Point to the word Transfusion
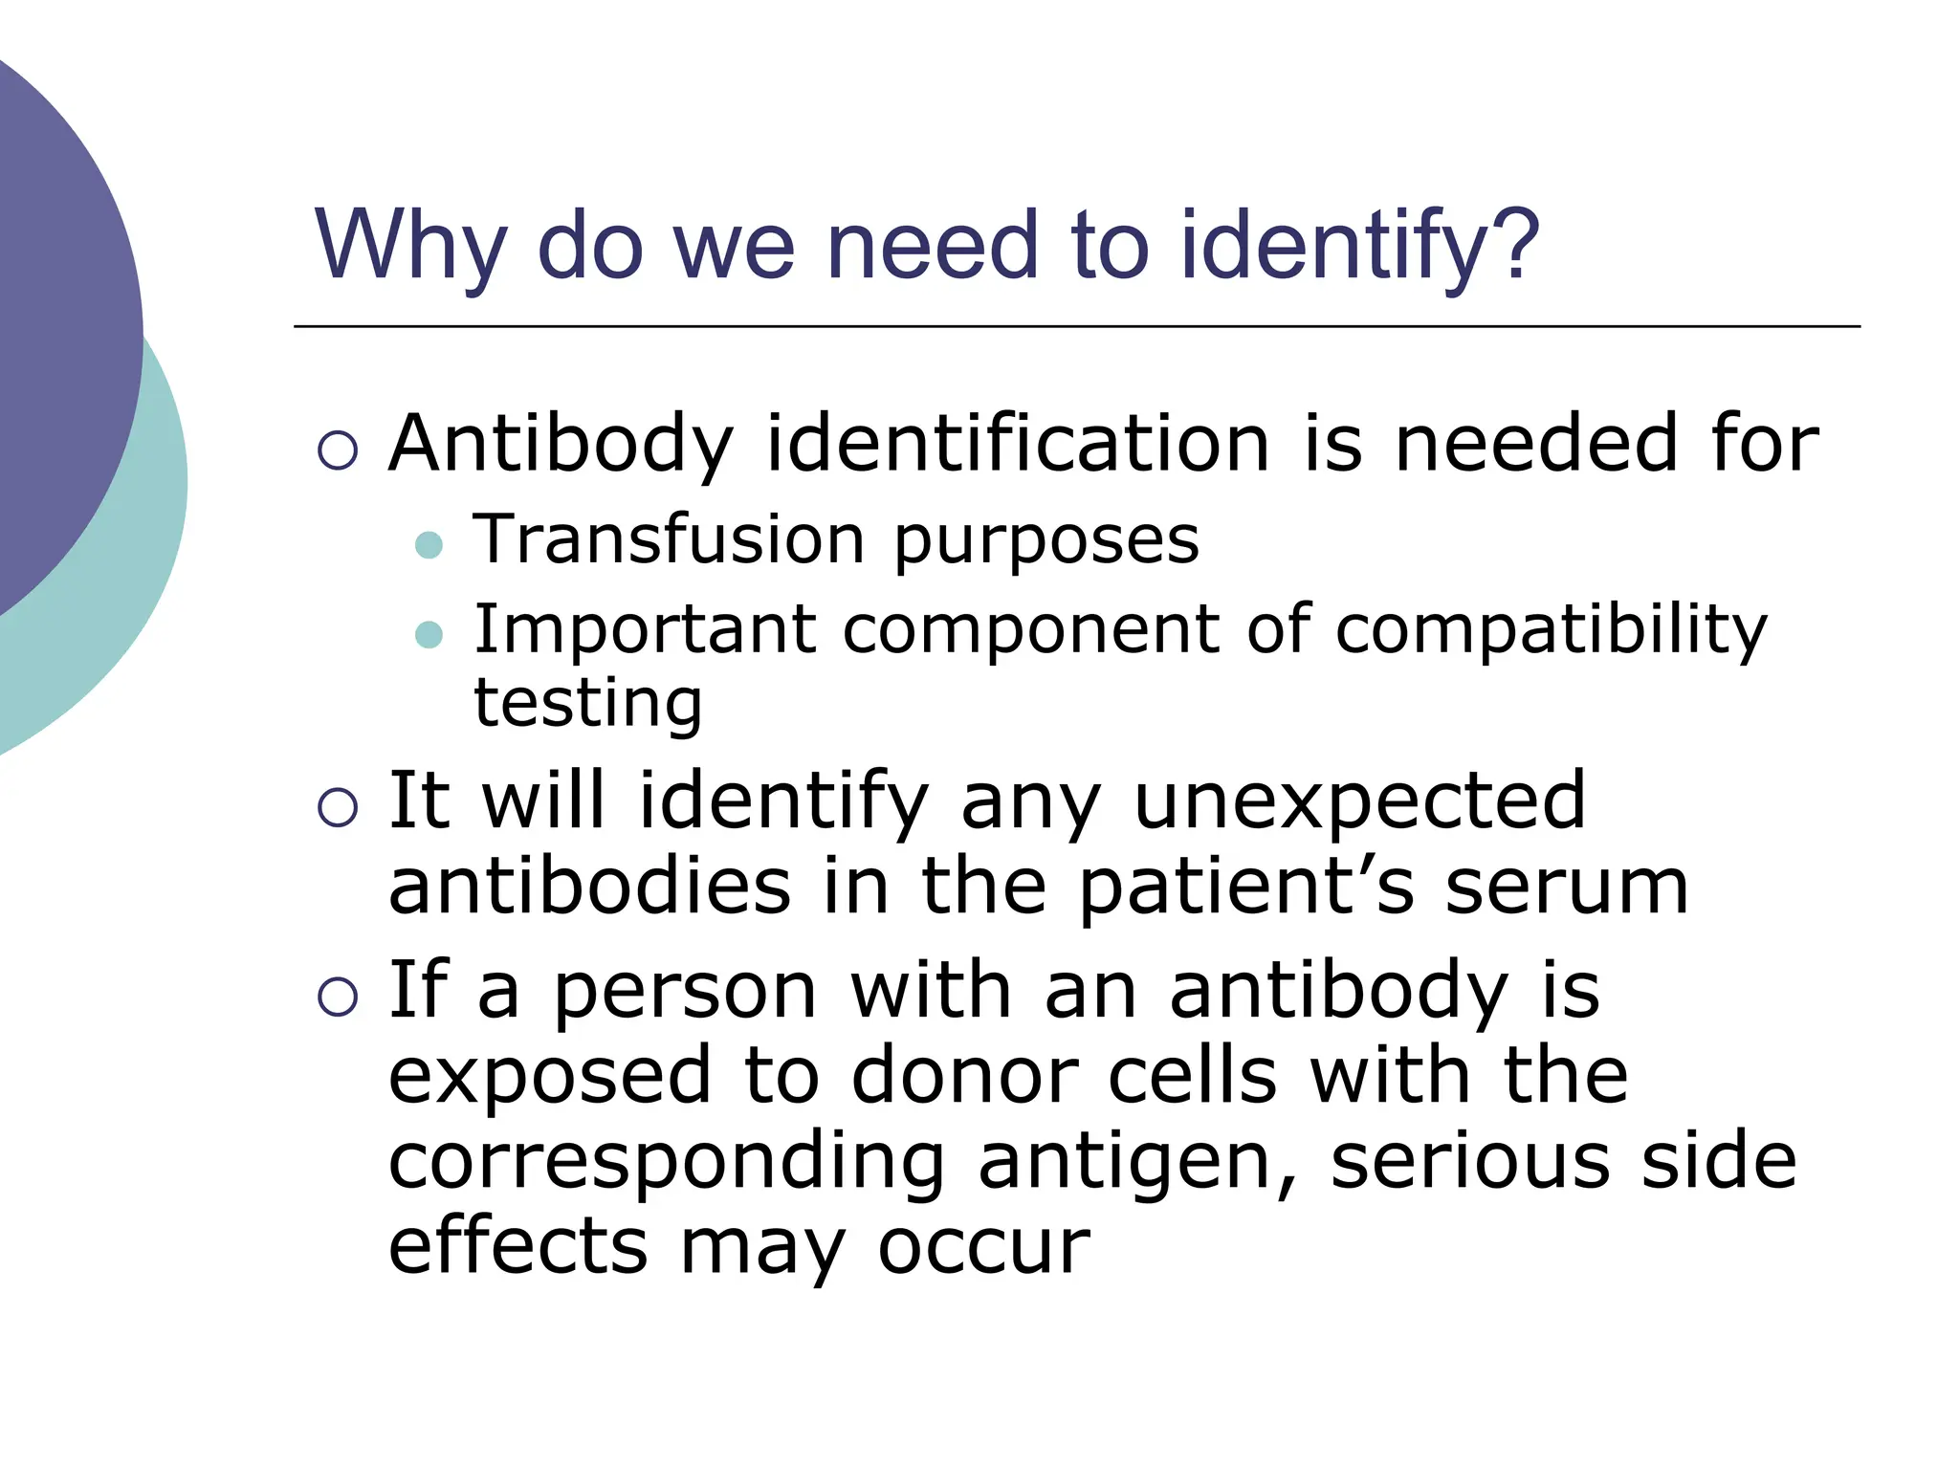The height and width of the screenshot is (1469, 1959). (669, 540)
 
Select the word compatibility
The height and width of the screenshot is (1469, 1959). (1551, 631)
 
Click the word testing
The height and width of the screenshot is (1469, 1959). (588, 705)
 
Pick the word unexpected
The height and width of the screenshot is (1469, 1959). (1359, 801)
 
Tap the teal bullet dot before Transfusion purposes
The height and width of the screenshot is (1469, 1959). (429, 545)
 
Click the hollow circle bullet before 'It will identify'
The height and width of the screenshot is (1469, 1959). (338, 807)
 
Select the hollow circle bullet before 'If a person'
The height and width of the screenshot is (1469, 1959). (338, 997)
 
